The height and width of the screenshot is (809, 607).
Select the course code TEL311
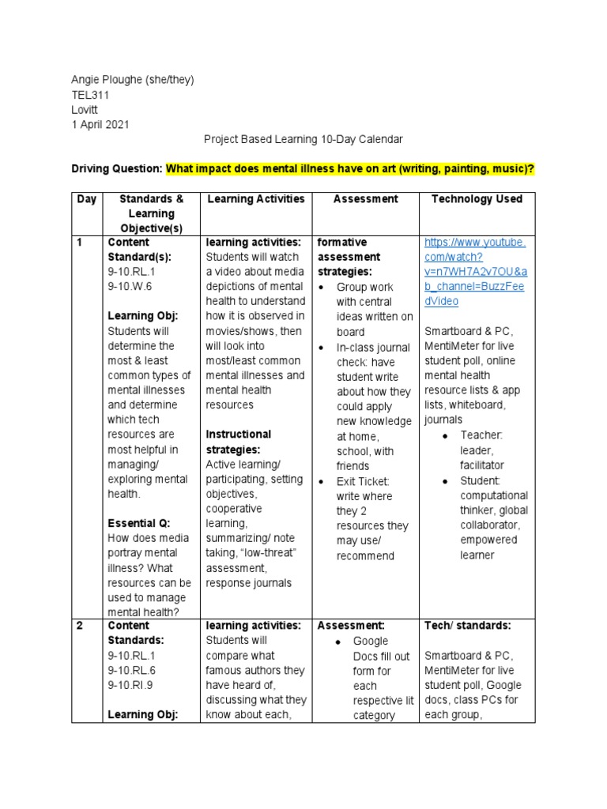click(90, 95)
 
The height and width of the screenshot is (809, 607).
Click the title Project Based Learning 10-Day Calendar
click(303, 139)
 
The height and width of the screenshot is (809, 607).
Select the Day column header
click(86, 199)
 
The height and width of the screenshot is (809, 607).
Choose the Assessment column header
click(365, 199)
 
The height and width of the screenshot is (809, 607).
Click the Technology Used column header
click(477, 199)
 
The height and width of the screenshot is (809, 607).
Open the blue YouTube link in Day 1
click(474, 272)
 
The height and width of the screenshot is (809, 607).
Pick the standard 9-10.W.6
click(130, 287)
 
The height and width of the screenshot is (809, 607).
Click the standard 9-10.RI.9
click(131, 685)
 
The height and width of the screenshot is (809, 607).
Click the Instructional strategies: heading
click(238, 442)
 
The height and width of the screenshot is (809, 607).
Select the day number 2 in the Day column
click(80, 626)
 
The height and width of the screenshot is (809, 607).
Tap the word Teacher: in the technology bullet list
click(481, 435)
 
